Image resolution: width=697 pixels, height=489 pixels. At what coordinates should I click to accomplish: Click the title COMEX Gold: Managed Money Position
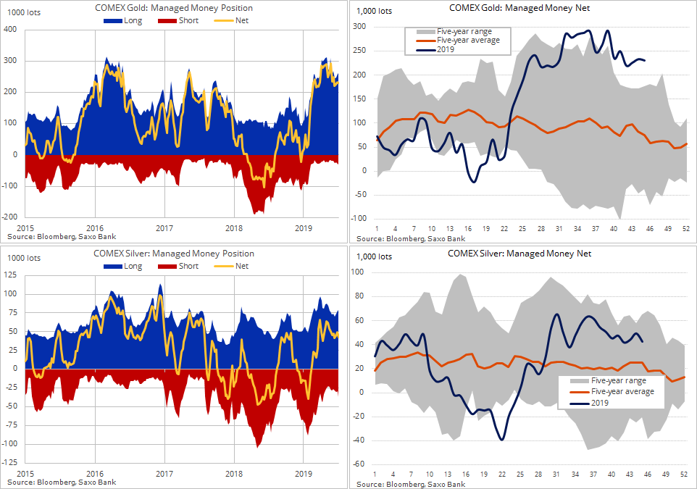pos(174,8)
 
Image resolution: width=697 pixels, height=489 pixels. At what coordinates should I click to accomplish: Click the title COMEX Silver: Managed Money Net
pos(519,254)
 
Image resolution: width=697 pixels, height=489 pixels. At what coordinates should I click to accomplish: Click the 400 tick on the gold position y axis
pos(10,30)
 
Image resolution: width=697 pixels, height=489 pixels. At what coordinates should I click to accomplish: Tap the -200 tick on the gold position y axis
pos(9,217)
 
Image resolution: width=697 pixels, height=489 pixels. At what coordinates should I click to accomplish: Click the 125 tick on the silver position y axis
pos(10,275)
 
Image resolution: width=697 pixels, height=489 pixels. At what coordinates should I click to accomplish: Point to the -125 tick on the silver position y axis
pos(9,462)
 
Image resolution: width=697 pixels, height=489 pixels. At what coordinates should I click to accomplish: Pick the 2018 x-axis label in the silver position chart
pos(234,473)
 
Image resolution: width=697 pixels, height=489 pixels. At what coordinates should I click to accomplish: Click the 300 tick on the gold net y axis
pos(359,27)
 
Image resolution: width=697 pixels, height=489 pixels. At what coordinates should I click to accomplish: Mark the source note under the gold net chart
pos(411,238)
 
